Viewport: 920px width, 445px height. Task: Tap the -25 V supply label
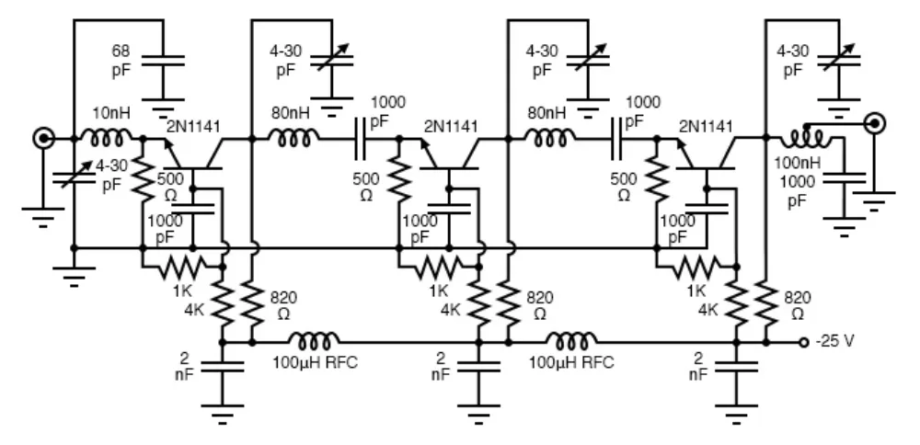pyautogui.click(x=834, y=341)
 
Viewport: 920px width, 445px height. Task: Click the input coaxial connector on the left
pyautogui.click(x=43, y=139)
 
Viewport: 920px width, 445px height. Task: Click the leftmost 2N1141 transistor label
pyautogui.click(x=194, y=128)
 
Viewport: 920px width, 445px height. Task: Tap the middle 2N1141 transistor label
pyautogui.click(x=450, y=126)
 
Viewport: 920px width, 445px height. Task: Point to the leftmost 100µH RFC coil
pyautogui.click(x=313, y=339)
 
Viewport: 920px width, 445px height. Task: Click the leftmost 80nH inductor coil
pyautogui.click(x=293, y=139)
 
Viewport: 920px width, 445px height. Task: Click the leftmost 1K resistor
pyautogui.click(x=182, y=267)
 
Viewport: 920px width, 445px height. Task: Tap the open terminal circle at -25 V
pyautogui.click(x=803, y=341)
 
